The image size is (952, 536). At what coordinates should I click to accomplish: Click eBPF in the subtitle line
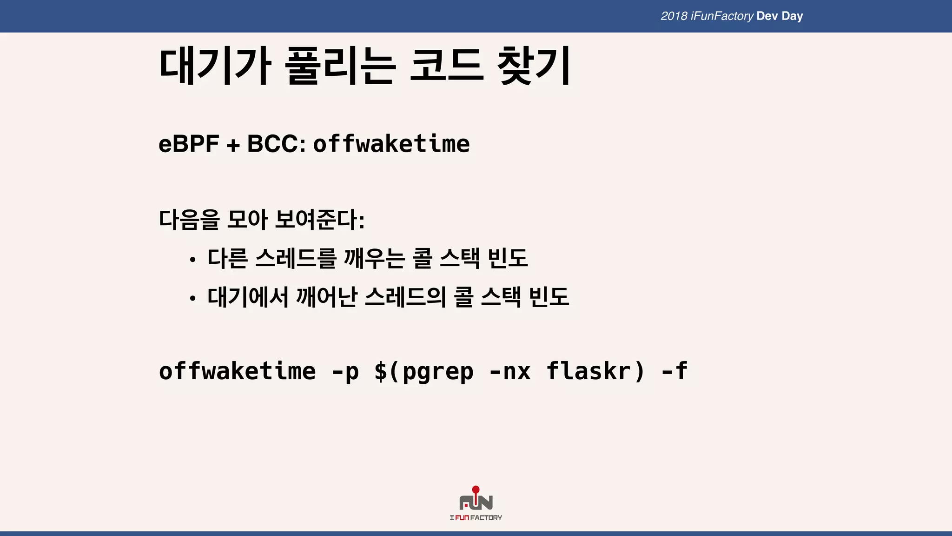(189, 144)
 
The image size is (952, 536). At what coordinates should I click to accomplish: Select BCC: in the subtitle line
(276, 144)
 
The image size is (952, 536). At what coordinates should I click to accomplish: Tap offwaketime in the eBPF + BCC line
(391, 144)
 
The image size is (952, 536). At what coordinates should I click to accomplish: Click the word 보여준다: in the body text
(320, 220)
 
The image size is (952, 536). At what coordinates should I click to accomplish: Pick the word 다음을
(189, 220)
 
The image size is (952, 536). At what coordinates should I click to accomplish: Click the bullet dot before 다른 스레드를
(192, 260)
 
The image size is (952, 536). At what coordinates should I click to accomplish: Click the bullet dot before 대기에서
(192, 299)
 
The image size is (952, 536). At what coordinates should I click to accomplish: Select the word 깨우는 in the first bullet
(374, 258)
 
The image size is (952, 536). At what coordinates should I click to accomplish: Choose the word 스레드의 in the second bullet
(405, 297)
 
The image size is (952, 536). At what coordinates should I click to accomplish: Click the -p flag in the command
(345, 371)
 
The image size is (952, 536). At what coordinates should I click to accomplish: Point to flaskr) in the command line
(596, 371)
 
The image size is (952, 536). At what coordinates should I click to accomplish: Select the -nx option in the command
(510, 371)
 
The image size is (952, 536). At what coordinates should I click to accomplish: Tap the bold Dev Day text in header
(780, 16)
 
